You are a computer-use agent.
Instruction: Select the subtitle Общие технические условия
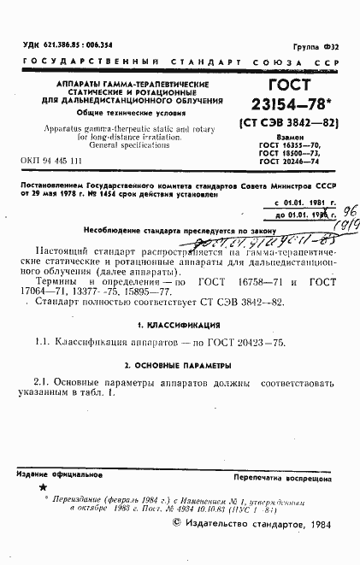127,113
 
